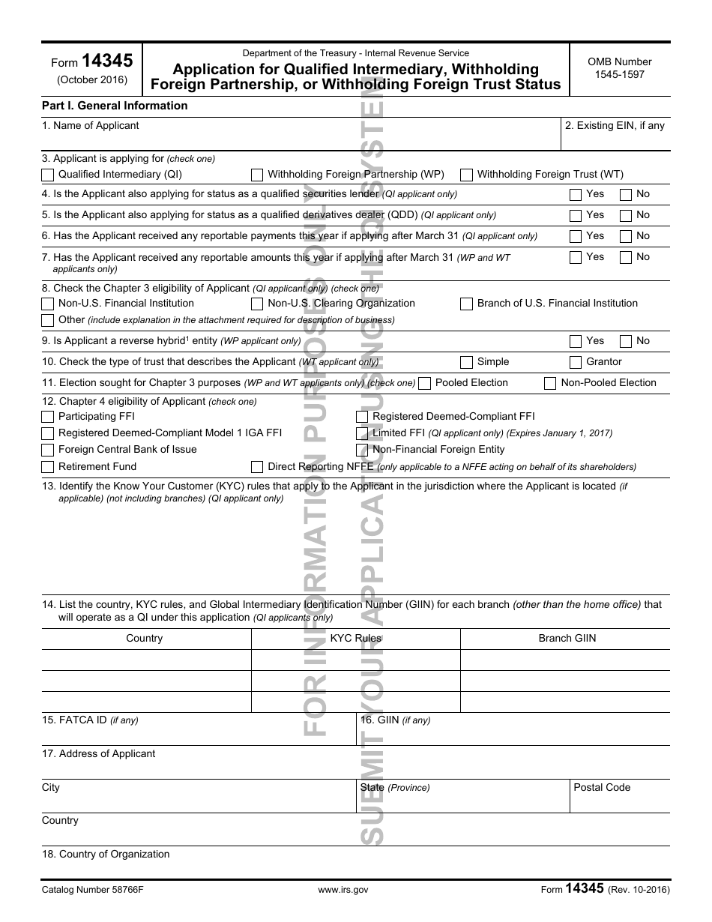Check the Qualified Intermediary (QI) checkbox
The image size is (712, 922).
[48, 175]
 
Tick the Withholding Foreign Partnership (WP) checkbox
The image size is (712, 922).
[257, 175]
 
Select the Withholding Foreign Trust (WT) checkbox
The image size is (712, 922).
[466, 175]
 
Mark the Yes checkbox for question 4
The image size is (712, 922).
[576, 195]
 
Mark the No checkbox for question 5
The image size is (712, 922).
[626, 216]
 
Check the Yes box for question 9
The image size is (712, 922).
[576, 342]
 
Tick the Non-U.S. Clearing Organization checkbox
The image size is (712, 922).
[257, 304]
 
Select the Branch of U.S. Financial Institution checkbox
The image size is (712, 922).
[466, 304]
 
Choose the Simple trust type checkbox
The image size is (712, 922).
[466, 363]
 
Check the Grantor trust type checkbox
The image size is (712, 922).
[576, 363]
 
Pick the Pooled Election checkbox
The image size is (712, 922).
[425, 384]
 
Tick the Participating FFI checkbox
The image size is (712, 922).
[48, 417]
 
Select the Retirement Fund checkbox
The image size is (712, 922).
[48, 467]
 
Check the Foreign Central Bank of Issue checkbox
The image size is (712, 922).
[48, 451]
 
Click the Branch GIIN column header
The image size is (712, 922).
[567, 639]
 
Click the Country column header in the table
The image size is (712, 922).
[145, 639]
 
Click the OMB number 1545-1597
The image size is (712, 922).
[620, 74]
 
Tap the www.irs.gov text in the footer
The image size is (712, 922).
[343, 890]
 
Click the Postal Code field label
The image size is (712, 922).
[602, 788]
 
